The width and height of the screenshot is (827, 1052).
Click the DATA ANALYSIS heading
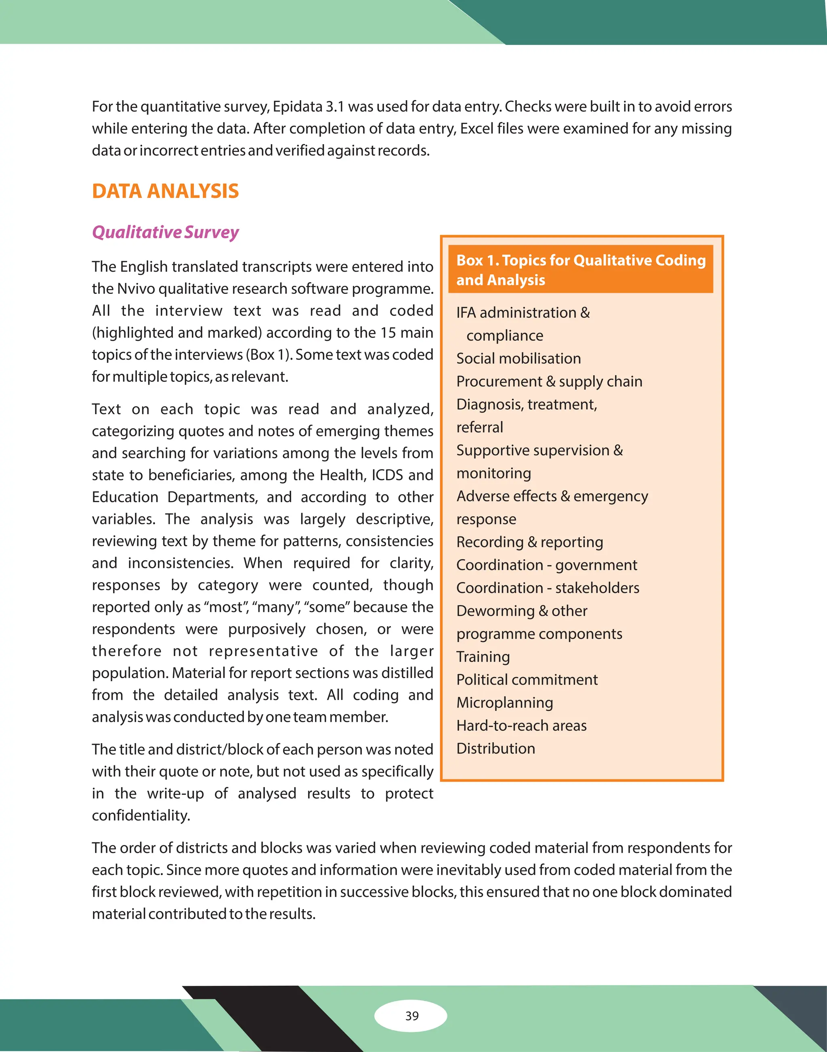(x=165, y=191)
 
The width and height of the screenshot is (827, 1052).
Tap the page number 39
(x=412, y=1015)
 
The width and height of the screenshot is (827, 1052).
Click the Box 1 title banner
(x=581, y=270)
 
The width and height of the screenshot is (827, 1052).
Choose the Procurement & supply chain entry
(x=549, y=381)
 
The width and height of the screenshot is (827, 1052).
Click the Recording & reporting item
(x=530, y=542)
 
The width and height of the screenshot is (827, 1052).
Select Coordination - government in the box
(x=547, y=565)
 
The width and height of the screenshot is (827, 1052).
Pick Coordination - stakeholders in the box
(x=548, y=588)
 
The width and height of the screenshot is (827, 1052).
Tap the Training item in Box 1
(x=483, y=657)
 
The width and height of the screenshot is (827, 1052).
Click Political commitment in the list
(x=527, y=680)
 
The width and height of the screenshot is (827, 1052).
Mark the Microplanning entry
(x=504, y=703)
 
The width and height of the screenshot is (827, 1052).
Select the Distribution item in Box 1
(x=496, y=748)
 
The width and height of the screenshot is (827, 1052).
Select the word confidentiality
(x=141, y=816)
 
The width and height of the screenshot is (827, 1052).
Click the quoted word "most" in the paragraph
(x=226, y=608)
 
